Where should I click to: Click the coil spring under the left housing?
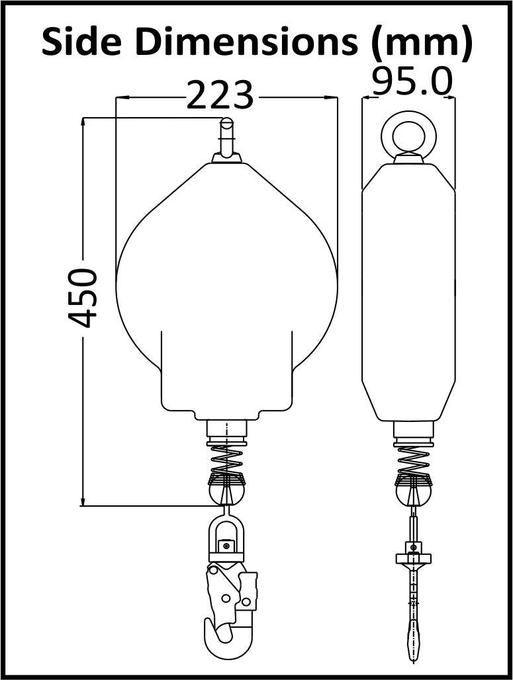pos(226,459)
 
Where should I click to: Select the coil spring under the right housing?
pos(413,460)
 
